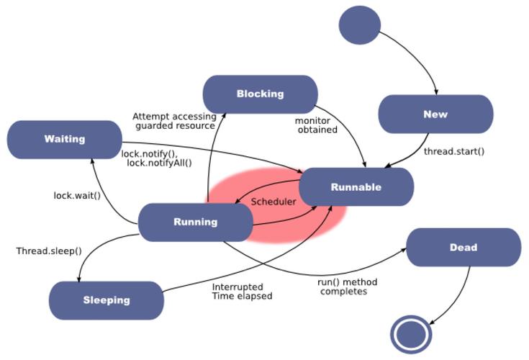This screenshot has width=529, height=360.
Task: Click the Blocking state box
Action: click(x=260, y=94)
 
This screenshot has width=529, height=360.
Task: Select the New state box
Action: click(x=435, y=114)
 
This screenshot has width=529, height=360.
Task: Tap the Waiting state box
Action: click(x=64, y=139)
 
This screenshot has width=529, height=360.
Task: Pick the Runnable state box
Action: click(x=356, y=187)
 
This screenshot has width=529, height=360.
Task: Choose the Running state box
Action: click(x=195, y=222)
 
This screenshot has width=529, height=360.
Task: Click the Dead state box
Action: click(x=464, y=247)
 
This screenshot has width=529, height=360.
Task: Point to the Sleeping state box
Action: click(x=107, y=300)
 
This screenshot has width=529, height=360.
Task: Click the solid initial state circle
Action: click(x=360, y=25)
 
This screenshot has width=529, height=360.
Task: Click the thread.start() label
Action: click(x=453, y=151)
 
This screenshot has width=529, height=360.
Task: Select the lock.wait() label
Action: click(x=77, y=195)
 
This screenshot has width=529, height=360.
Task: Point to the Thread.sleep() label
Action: click(x=49, y=251)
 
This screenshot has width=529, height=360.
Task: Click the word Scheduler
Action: click(x=273, y=202)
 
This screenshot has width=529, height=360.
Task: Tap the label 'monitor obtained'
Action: click(x=316, y=125)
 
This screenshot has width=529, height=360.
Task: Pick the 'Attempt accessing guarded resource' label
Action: click(x=174, y=120)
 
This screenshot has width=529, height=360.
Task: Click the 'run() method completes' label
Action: click(x=348, y=286)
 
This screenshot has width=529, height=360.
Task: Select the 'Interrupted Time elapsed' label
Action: click(x=242, y=291)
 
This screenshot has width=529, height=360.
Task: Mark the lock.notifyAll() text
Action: click(x=159, y=163)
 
